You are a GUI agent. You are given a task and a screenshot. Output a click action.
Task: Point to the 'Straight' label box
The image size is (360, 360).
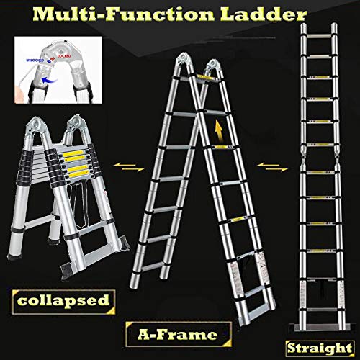click(323, 346)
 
